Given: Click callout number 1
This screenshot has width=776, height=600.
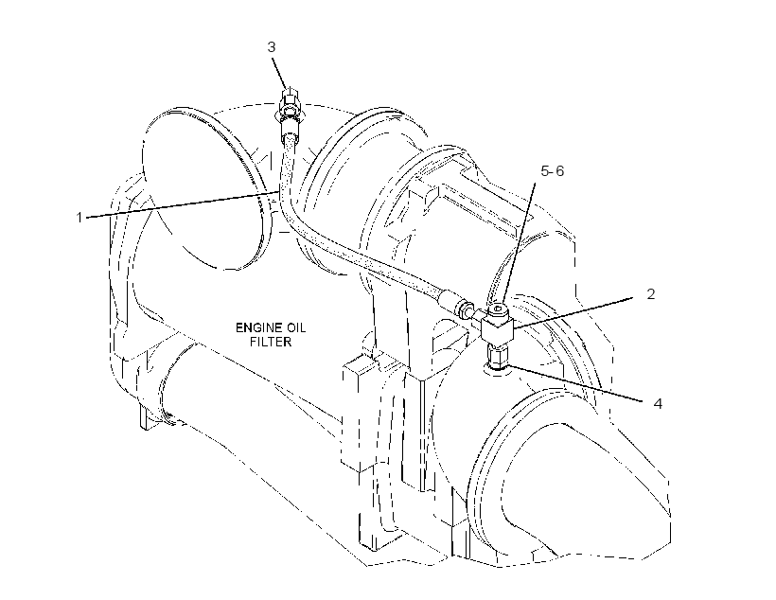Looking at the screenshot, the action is (x=79, y=217).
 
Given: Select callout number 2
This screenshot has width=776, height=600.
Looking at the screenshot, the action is (x=651, y=294).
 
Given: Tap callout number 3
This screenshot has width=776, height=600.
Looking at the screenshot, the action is (x=272, y=47).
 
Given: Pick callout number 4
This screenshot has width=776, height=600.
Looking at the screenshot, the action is (x=657, y=404).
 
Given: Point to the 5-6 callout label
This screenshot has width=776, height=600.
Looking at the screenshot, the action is (x=553, y=171).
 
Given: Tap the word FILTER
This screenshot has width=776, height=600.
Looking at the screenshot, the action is (x=271, y=342).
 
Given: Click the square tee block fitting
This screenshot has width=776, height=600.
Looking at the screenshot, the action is (x=498, y=327).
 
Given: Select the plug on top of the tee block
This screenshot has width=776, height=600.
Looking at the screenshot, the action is (x=496, y=309).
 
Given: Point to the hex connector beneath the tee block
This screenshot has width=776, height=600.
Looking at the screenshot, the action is (x=497, y=356).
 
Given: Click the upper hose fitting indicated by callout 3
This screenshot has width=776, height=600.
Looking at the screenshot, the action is (x=291, y=104).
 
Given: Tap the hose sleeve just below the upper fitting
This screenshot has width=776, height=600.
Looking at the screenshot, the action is (x=289, y=130).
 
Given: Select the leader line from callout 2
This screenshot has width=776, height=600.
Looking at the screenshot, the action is (x=573, y=314).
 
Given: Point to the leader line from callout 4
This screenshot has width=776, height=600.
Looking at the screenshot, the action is (x=577, y=383).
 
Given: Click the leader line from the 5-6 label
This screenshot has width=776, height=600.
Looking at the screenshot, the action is (x=518, y=243).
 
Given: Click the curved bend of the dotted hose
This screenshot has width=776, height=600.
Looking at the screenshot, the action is (x=297, y=223).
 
